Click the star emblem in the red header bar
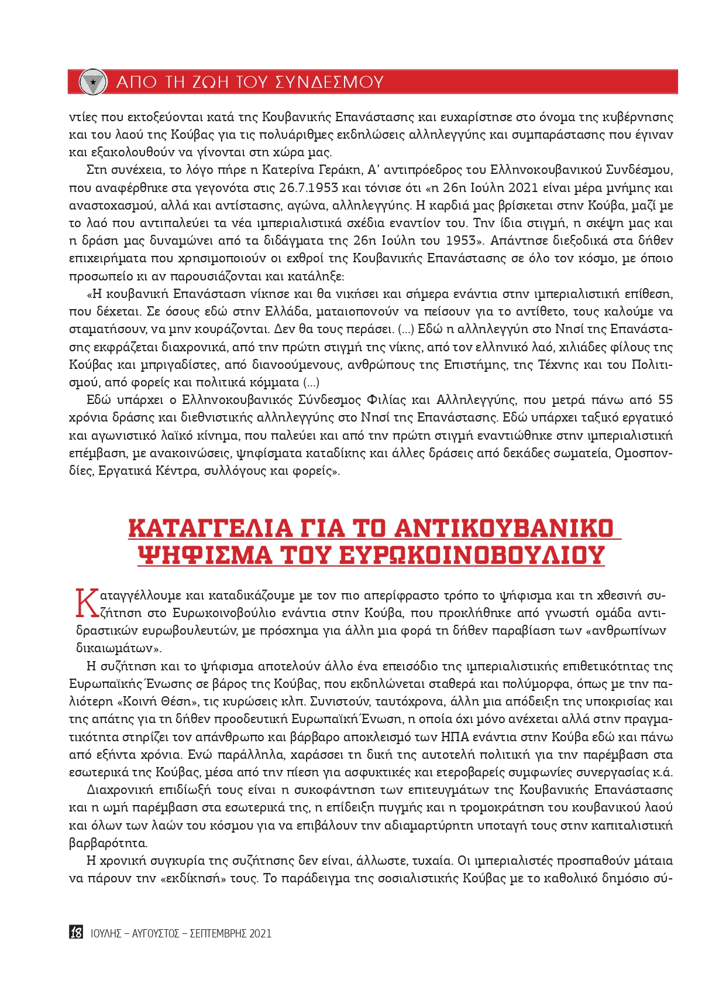coord(92,82)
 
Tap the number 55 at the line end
coord(665,400)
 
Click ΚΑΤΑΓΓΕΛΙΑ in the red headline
coord(210,528)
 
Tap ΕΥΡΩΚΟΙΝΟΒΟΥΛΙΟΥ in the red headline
coord(471,555)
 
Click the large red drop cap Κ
coord(86,604)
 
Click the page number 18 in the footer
coord(76,933)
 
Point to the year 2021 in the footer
coord(260,933)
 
